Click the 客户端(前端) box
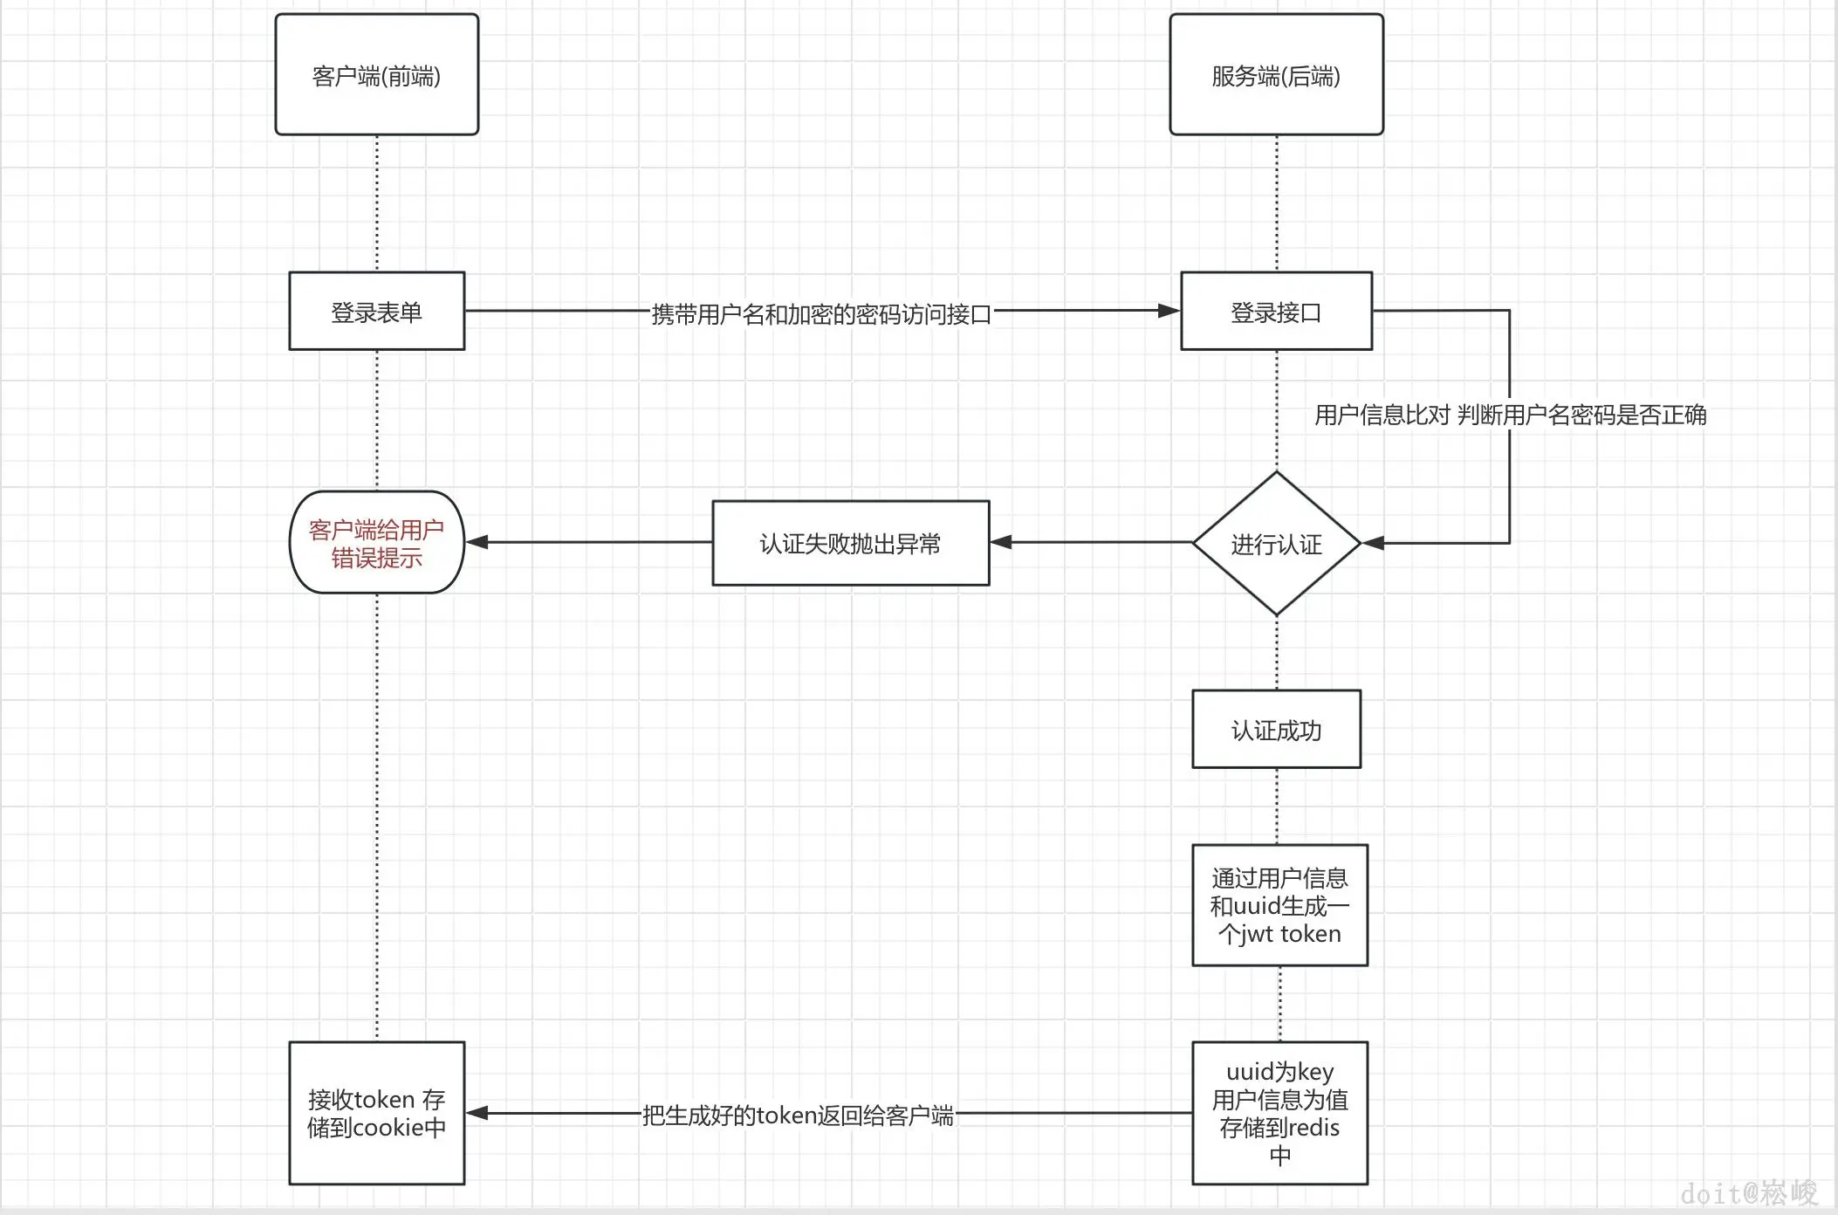click(376, 75)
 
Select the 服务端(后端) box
click(1276, 75)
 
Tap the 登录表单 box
click(376, 312)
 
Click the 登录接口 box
click(1276, 312)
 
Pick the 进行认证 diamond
click(1276, 544)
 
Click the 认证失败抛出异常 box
click(850, 543)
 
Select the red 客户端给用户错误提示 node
click(376, 543)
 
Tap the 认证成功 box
click(1276, 730)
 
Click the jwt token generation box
click(1279, 905)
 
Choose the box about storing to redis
click(1279, 1113)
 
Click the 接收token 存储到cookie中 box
click(376, 1113)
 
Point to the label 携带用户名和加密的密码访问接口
click(820, 313)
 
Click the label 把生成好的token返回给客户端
click(798, 1115)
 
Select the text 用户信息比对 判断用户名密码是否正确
click(1510, 415)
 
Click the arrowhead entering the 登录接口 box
click(1169, 311)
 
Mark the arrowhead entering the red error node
click(477, 542)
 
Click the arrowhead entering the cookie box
click(477, 1113)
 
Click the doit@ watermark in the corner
click(1748, 1192)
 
